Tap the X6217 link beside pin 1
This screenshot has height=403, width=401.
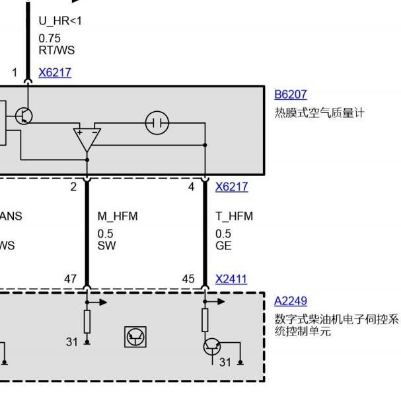click(54, 73)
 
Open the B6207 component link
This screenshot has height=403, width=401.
click(291, 95)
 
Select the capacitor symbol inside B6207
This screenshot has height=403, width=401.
click(157, 123)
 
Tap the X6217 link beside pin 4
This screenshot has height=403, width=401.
click(231, 187)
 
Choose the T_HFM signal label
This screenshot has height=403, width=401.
click(234, 216)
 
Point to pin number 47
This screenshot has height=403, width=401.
click(70, 279)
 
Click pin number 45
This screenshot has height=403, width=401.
click(188, 279)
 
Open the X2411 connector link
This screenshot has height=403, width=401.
click(231, 279)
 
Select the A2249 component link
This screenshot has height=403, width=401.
click(291, 301)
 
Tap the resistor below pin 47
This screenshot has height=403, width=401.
click(87, 322)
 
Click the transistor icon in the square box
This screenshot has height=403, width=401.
click(135, 337)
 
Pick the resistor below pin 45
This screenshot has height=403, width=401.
click(205, 320)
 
